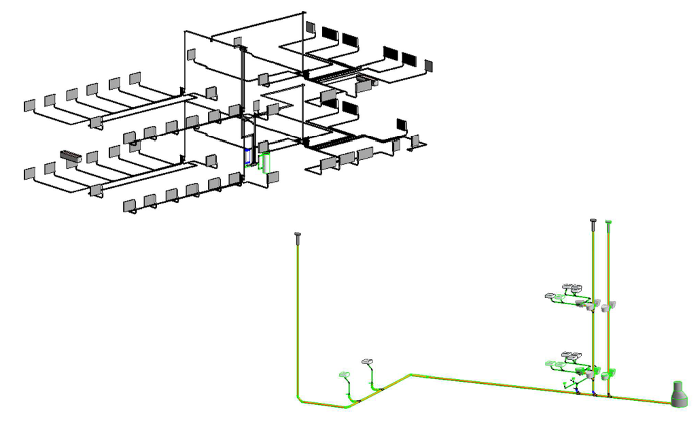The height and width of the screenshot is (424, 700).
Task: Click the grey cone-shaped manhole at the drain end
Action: (x=678, y=395)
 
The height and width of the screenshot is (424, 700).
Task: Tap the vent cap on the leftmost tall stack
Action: (x=298, y=236)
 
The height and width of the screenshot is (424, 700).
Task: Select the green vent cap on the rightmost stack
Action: (x=608, y=222)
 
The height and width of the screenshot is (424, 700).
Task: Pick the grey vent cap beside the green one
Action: (x=593, y=221)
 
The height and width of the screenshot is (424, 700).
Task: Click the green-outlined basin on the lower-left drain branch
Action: (x=344, y=374)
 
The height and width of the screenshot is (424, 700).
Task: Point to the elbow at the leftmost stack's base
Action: (x=300, y=399)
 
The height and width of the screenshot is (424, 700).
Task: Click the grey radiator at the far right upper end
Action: (x=428, y=65)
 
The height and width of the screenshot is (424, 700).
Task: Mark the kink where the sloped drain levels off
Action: (x=409, y=374)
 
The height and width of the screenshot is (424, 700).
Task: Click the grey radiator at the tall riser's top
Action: (x=238, y=42)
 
